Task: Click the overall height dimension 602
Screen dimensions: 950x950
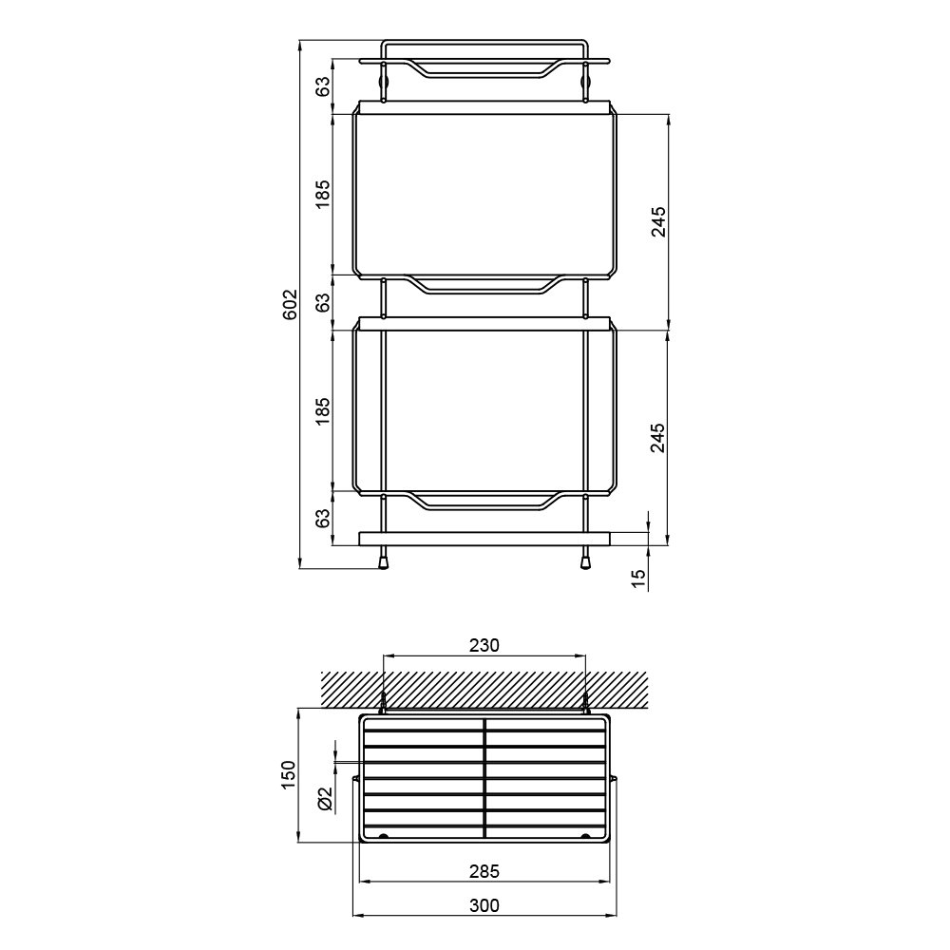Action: pyautogui.click(x=292, y=304)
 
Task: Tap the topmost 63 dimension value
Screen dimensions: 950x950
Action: pyautogui.click(x=324, y=86)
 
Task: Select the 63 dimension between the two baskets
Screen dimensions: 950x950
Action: pyautogui.click(x=324, y=302)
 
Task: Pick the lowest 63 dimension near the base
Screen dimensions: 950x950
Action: pyautogui.click(x=324, y=518)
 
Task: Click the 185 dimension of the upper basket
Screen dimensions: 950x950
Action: pyautogui.click(x=324, y=194)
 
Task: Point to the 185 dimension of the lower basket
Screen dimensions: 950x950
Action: pyautogui.click(x=324, y=410)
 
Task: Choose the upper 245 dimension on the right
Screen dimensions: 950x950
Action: pyautogui.click(x=658, y=221)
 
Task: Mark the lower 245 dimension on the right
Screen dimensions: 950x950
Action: pyautogui.click(x=658, y=437)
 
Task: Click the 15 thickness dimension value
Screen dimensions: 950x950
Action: pyautogui.click(x=639, y=579)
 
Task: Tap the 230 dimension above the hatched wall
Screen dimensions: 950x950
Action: pyautogui.click(x=484, y=645)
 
